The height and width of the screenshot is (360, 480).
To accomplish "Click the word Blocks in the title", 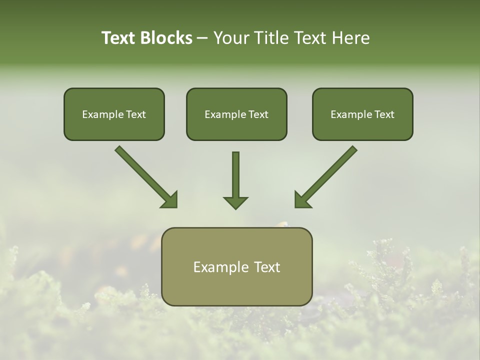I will (x=166, y=38).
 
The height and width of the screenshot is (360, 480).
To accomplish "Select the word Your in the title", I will (x=230, y=38).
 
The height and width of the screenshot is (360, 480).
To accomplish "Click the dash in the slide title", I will (x=202, y=38).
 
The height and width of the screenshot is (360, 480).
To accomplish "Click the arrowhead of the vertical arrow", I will (x=235, y=202).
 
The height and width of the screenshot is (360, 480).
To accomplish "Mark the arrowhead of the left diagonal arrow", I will (x=170, y=200).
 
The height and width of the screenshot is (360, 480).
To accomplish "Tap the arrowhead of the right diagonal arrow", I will (x=302, y=200).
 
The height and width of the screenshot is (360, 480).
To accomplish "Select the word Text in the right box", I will (x=384, y=114).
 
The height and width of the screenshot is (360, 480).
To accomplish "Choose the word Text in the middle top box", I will (x=258, y=114).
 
